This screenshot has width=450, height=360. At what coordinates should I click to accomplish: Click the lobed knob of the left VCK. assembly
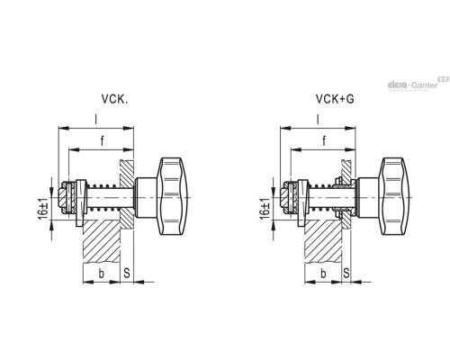point(174,193)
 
